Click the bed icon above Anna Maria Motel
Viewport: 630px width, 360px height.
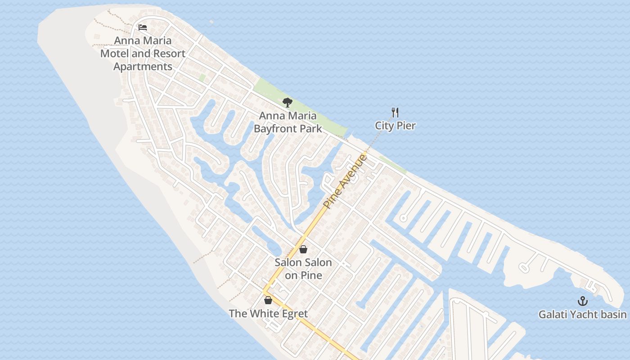pyautogui.click(x=143, y=27)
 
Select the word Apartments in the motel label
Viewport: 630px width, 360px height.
pyautogui.click(x=143, y=67)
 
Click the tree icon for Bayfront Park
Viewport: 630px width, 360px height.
pyautogui.click(x=288, y=103)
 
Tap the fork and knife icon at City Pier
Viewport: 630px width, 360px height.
pyautogui.click(x=395, y=112)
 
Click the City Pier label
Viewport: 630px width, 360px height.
pyautogui.click(x=395, y=126)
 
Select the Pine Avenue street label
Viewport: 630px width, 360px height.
pyautogui.click(x=346, y=181)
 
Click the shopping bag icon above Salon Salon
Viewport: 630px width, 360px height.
pyautogui.click(x=303, y=249)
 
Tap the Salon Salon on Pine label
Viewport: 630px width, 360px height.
pyautogui.click(x=303, y=269)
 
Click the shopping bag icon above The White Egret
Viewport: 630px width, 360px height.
pyautogui.click(x=268, y=300)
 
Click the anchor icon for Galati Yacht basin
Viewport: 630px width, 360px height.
pyautogui.click(x=583, y=301)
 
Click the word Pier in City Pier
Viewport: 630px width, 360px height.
pyautogui.click(x=406, y=126)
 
